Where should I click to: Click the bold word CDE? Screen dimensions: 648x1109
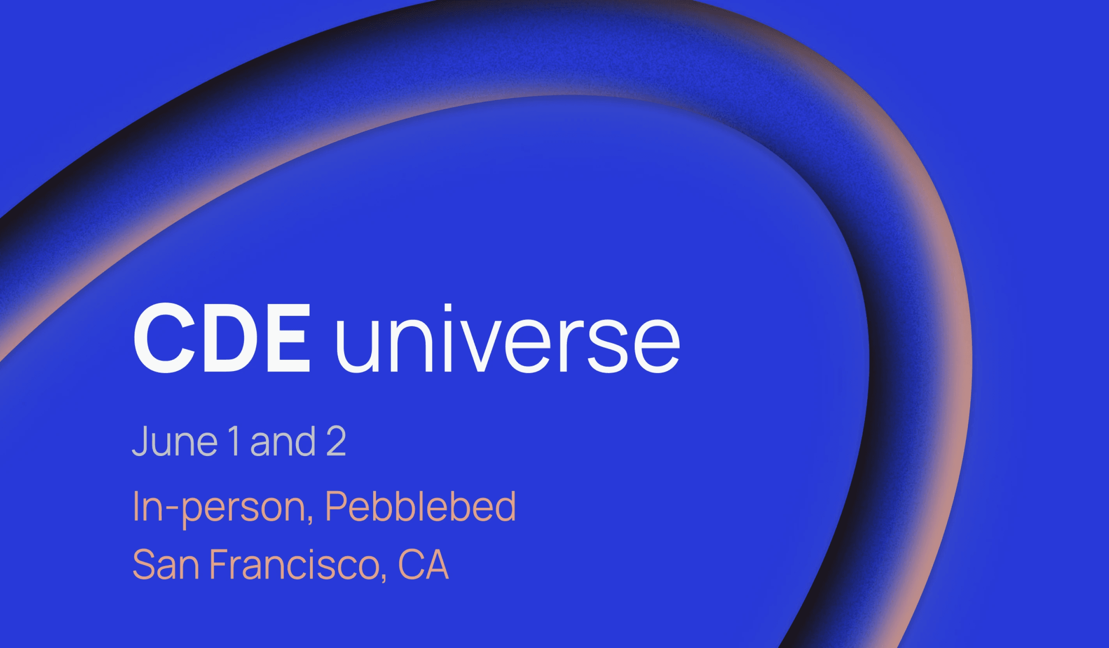[x=222, y=338]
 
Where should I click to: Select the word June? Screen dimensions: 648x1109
[x=175, y=441]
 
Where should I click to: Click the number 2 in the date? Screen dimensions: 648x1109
[x=336, y=441]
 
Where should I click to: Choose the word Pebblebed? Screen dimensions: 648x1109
[x=420, y=506]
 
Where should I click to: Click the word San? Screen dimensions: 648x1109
[x=165, y=565]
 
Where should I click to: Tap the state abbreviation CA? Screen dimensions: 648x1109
[x=423, y=565]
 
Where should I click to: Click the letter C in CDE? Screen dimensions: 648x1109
[x=164, y=338]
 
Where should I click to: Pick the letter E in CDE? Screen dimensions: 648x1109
[x=287, y=338]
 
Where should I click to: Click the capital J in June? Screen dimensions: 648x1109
[x=140, y=441]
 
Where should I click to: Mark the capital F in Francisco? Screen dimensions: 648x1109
[x=219, y=565]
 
